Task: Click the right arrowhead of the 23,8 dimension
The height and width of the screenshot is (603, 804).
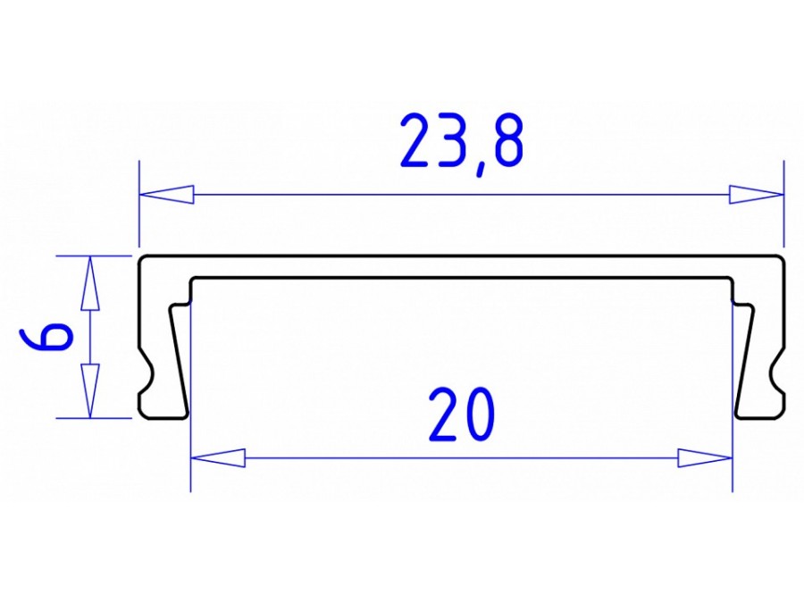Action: click(755, 194)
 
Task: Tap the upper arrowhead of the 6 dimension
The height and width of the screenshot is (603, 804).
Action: click(88, 282)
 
